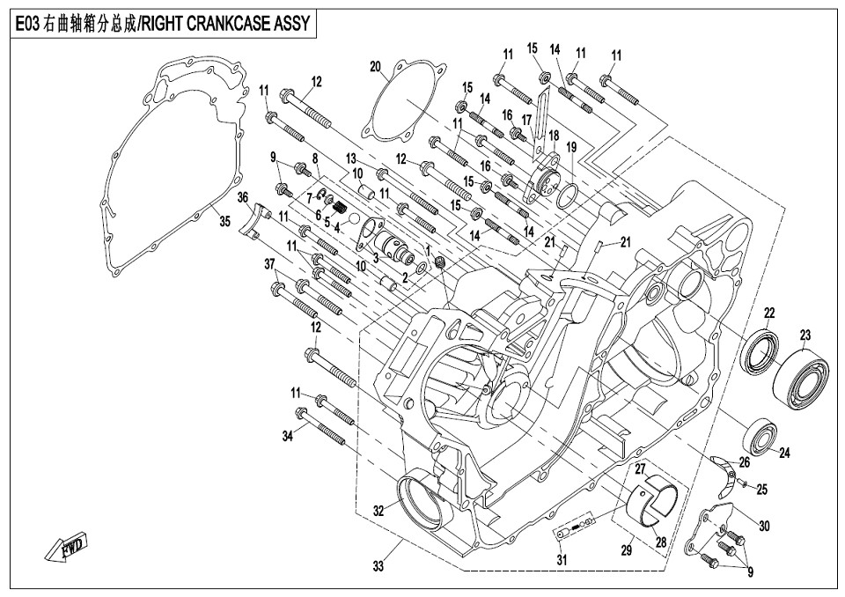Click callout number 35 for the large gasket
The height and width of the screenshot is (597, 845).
tap(225, 220)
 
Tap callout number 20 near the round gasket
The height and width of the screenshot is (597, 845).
tap(375, 67)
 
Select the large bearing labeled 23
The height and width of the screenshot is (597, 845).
tap(801, 380)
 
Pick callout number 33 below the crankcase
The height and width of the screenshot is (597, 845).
tap(378, 566)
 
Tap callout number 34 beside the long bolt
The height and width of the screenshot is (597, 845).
tap(288, 436)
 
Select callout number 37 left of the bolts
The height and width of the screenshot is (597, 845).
tap(269, 264)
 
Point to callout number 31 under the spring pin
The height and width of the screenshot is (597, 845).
tap(562, 560)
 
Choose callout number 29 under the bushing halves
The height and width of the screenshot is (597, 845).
tap(627, 550)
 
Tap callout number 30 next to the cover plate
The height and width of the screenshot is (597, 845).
tap(764, 525)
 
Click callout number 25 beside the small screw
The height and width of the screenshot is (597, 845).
tap(761, 490)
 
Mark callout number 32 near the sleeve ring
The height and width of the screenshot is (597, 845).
tap(378, 510)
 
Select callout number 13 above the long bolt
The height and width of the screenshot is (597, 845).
tap(351, 158)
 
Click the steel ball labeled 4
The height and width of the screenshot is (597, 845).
tap(354, 219)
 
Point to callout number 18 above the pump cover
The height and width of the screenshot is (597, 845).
tap(554, 136)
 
